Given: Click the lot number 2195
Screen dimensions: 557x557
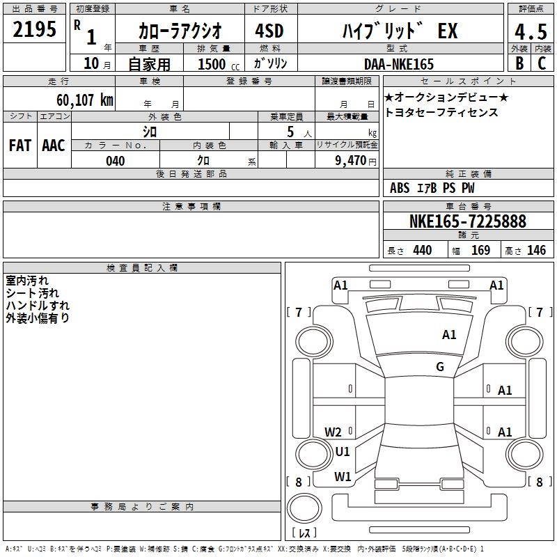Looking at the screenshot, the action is click(x=34, y=29).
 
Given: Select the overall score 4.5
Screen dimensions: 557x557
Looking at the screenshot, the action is click(x=531, y=32).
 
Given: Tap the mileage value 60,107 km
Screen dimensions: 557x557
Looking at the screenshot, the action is click(x=85, y=100).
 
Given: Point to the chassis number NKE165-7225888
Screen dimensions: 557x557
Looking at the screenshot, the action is click(x=467, y=221).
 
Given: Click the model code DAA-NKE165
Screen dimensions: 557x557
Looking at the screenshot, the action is click(x=399, y=64).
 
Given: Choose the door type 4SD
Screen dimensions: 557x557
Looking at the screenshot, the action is click(x=269, y=31).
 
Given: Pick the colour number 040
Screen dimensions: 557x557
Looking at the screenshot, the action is click(x=116, y=161).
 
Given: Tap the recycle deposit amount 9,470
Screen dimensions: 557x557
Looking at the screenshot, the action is click(x=351, y=160).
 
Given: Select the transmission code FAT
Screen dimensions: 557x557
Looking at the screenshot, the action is click(x=20, y=146).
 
